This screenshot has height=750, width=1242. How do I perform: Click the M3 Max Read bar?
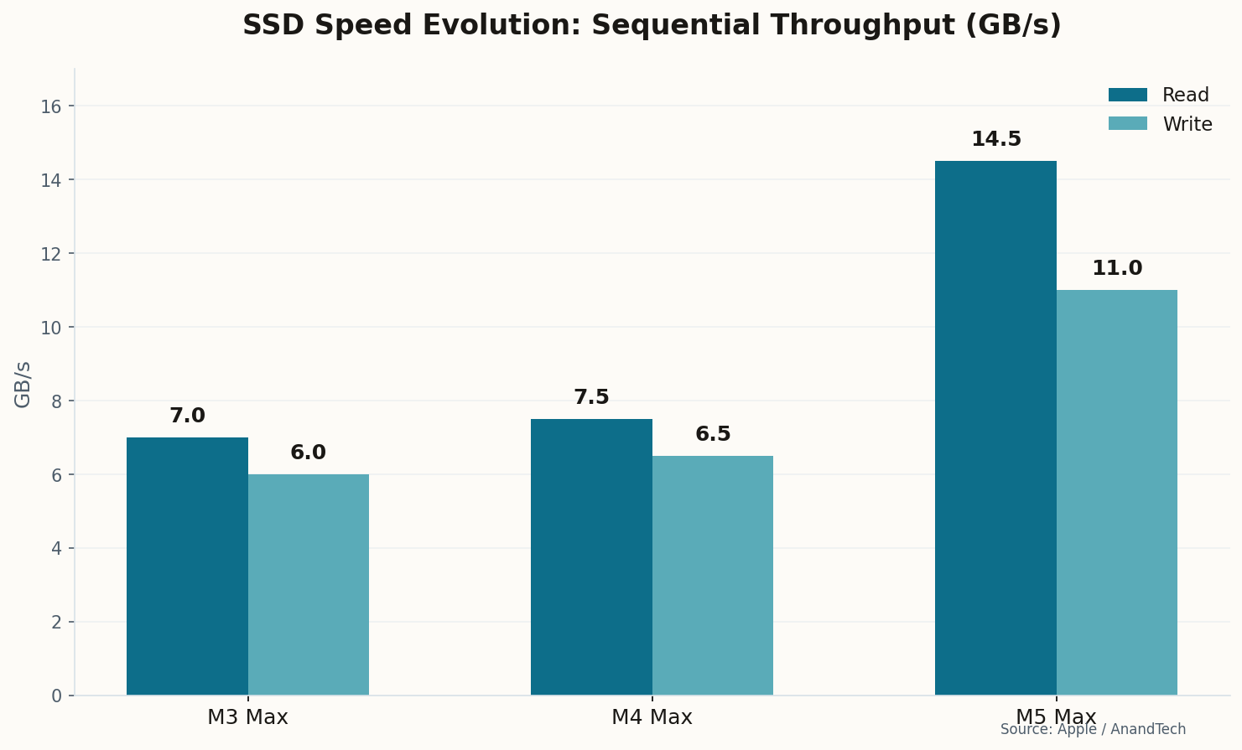pyautogui.click(x=187, y=566)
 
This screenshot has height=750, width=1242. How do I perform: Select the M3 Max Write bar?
pyautogui.click(x=309, y=585)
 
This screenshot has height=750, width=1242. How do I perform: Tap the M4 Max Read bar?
pyautogui.click(x=591, y=557)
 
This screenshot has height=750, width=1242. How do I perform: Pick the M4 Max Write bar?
pyautogui.click(x=713, y=576)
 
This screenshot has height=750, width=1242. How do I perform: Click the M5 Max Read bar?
pyautogui.click(x=995, y=428)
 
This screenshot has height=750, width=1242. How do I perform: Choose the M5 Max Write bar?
pyautogui.click(x=1117, y=493)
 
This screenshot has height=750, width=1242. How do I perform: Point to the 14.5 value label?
pyautogui.click(x=996, y=140)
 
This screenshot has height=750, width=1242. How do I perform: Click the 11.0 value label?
pyautogui.click(x=1117, y=269)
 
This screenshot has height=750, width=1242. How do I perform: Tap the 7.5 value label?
pyautogui.click(x=591, y=398)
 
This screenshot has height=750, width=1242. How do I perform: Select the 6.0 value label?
pyautogui.click(x=309, y=453)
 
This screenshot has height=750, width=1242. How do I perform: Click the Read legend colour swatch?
pyautogui.click(x=1127, y=96)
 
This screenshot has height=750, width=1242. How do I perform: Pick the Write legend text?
pyautogui.click(x=1187, y=125)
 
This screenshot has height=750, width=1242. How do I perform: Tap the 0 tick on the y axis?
pyautogui.click(x=56, y=696)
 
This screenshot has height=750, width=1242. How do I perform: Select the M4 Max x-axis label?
pyautogui.click(x=652, y=718)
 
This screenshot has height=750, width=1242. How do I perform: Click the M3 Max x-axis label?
pyautogui.click(x=247, y=718)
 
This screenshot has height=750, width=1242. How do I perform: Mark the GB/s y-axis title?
pyautogui.click(x=23, y=385)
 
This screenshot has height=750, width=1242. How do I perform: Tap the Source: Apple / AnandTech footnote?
pyautogui.click(x=1093, y=730)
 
